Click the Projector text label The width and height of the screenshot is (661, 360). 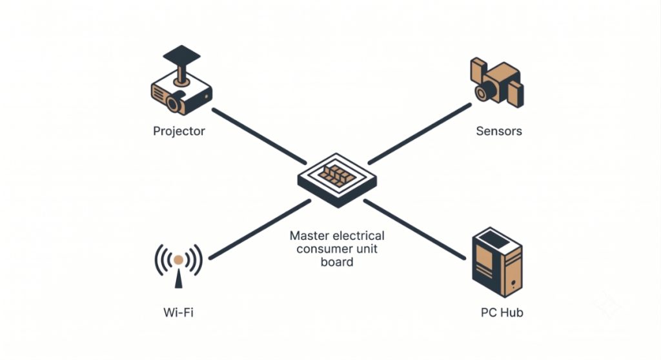179,131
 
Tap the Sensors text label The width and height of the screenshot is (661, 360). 499,131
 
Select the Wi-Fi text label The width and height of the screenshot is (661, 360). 178,312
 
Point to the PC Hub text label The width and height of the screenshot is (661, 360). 502,312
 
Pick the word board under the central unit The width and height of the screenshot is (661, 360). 337,262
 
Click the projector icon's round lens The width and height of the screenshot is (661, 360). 173,104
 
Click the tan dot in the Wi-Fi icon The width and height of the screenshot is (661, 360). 178,259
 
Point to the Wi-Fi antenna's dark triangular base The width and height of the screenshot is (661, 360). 178,279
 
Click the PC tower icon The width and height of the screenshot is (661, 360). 497,262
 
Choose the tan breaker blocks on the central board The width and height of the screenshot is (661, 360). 336,175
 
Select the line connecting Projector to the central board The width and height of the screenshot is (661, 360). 259,135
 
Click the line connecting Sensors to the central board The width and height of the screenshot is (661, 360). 420,133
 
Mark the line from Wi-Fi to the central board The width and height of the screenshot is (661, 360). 260,229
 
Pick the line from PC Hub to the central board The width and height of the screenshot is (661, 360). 414,229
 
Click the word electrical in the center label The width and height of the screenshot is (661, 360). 359,235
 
